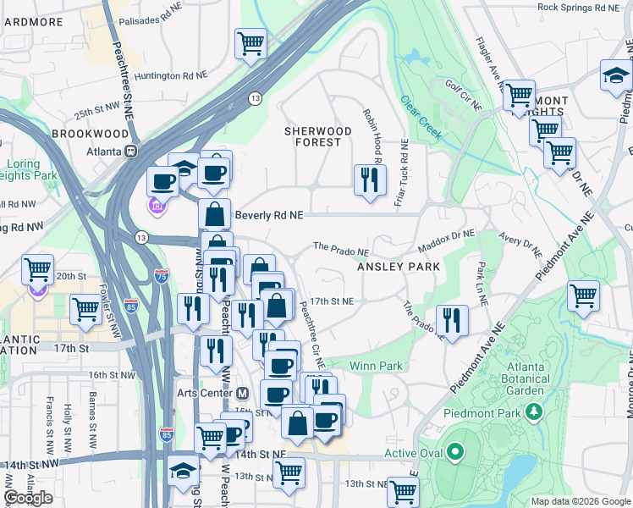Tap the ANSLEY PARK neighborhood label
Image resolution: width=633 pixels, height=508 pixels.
pos(399,267)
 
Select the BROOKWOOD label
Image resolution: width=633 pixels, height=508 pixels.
pos(83,134)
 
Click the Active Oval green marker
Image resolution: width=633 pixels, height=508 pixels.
pos(458,453)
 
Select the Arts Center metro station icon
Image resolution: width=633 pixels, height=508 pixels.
pos(242,393)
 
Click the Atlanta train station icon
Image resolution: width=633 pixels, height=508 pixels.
pos(131,152)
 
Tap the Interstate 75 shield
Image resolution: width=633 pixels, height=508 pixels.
pos(162,275)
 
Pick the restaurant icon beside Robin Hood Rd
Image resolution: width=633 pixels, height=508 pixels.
pos(369,180)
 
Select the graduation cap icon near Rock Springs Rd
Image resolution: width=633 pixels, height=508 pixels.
pos(615,77)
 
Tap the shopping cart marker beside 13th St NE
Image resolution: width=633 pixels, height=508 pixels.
pos(403,491)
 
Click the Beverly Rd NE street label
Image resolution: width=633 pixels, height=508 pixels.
pos(269,216)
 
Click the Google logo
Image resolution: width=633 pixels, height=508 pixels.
pos(28,498)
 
